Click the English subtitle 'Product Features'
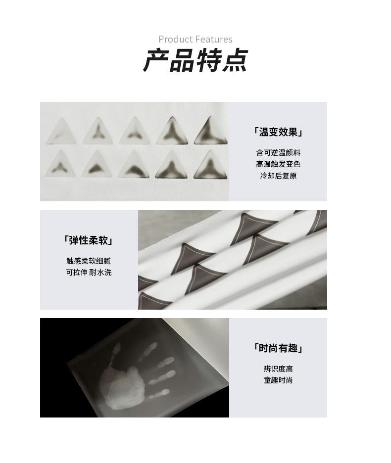click(x=195, y=39)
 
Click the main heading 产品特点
click(x=195, y=61)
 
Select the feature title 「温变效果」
click(x=278, y=132)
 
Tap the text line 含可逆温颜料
click(x=278, y=153)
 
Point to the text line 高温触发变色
click(x=278, y=164)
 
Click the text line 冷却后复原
click(x=278, y=176)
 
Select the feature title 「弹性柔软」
click(x=89, y=240)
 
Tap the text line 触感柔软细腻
click(x=89, y=261)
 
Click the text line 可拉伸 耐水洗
click(x=89, y=272)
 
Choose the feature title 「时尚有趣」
click(x=278, y=348)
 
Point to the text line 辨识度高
click(x=278, y=369)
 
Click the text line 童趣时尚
click(x=278, y=380)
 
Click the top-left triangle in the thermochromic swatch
click(x=61, y=133)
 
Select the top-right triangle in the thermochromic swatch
click(x=210, y=132)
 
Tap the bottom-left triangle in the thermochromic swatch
click(x=61, y=165)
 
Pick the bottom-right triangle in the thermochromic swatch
click(x=210, y=166)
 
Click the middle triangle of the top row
click(x=135, y=132)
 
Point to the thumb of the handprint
click(x=113, y=354)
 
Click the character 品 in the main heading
click(x=182, y=61)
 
